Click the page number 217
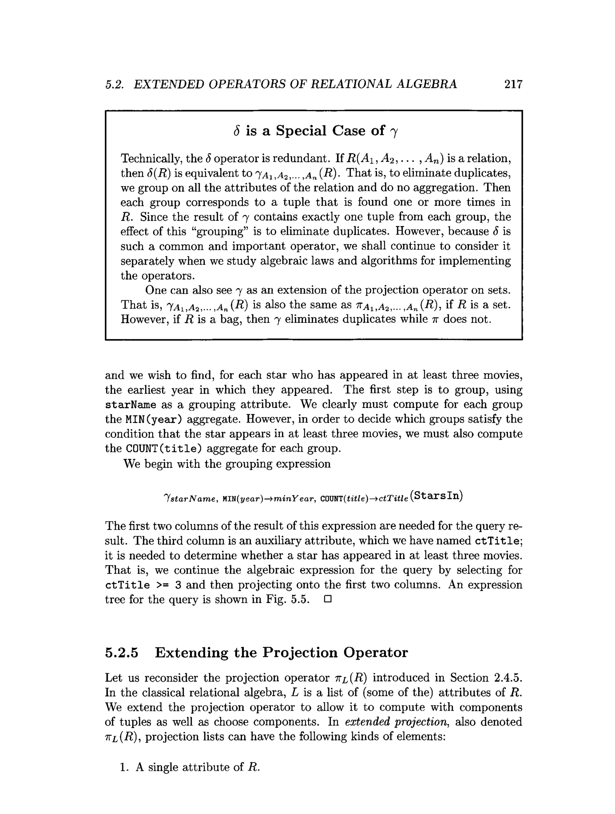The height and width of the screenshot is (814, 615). [x=513, y=84]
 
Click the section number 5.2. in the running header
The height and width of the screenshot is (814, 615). [x=114, y=85]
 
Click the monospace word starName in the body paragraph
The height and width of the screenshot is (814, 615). [x=130, y=405]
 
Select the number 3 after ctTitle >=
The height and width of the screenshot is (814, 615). [x=177, y=585]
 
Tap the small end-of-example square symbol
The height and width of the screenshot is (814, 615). [x=328, y=599]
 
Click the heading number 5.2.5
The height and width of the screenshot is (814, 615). [x=122, y=653]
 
